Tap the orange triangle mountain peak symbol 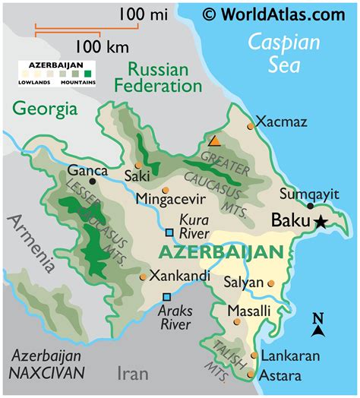[x=215, y=141]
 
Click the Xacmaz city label [x=283, y=121]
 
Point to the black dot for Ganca [x=93, y=182]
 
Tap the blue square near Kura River [x=170, y=232]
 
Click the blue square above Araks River [x=166, y=297]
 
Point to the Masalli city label [x=248, y=311]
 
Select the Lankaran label [x=289, y=355]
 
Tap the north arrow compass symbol [x=318, y=325]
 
